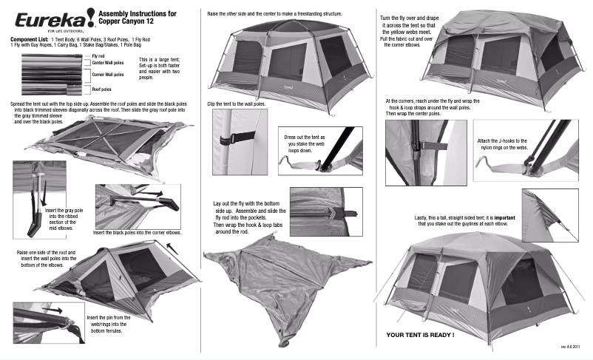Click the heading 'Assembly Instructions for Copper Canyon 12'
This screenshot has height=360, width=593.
tap(137, 17)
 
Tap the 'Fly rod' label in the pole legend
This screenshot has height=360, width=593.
tap(98, 55)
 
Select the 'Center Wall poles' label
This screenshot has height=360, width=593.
tap(107, 64)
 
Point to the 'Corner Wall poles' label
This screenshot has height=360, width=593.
tap(107, 75)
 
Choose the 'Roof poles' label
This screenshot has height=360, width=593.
tap(101, 89)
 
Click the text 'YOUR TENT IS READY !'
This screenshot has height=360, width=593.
tap(420, 335)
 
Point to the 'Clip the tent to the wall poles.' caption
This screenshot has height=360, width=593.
tap(236, 104)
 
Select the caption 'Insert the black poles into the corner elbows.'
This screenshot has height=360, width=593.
tap(138, 232)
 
